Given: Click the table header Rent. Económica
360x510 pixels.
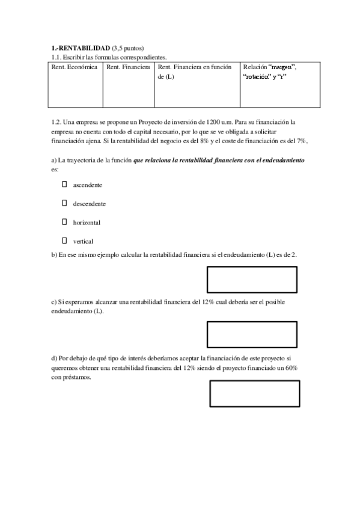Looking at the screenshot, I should [x=75, y=67].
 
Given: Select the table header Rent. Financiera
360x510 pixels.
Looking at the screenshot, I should [x=128, y=67].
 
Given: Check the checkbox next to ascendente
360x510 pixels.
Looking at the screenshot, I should [x=64, y=185].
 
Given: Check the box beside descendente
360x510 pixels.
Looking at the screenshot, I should [x=64, y=203].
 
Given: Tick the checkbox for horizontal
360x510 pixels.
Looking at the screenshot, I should [x=64, y=222].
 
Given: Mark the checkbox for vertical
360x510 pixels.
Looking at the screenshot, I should [x=64, y=241].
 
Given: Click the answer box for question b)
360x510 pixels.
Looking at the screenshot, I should [x=252, y=280].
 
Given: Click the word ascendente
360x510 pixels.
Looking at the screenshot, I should [x=88, y=185].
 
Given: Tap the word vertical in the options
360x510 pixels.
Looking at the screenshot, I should [x=84, y=241].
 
